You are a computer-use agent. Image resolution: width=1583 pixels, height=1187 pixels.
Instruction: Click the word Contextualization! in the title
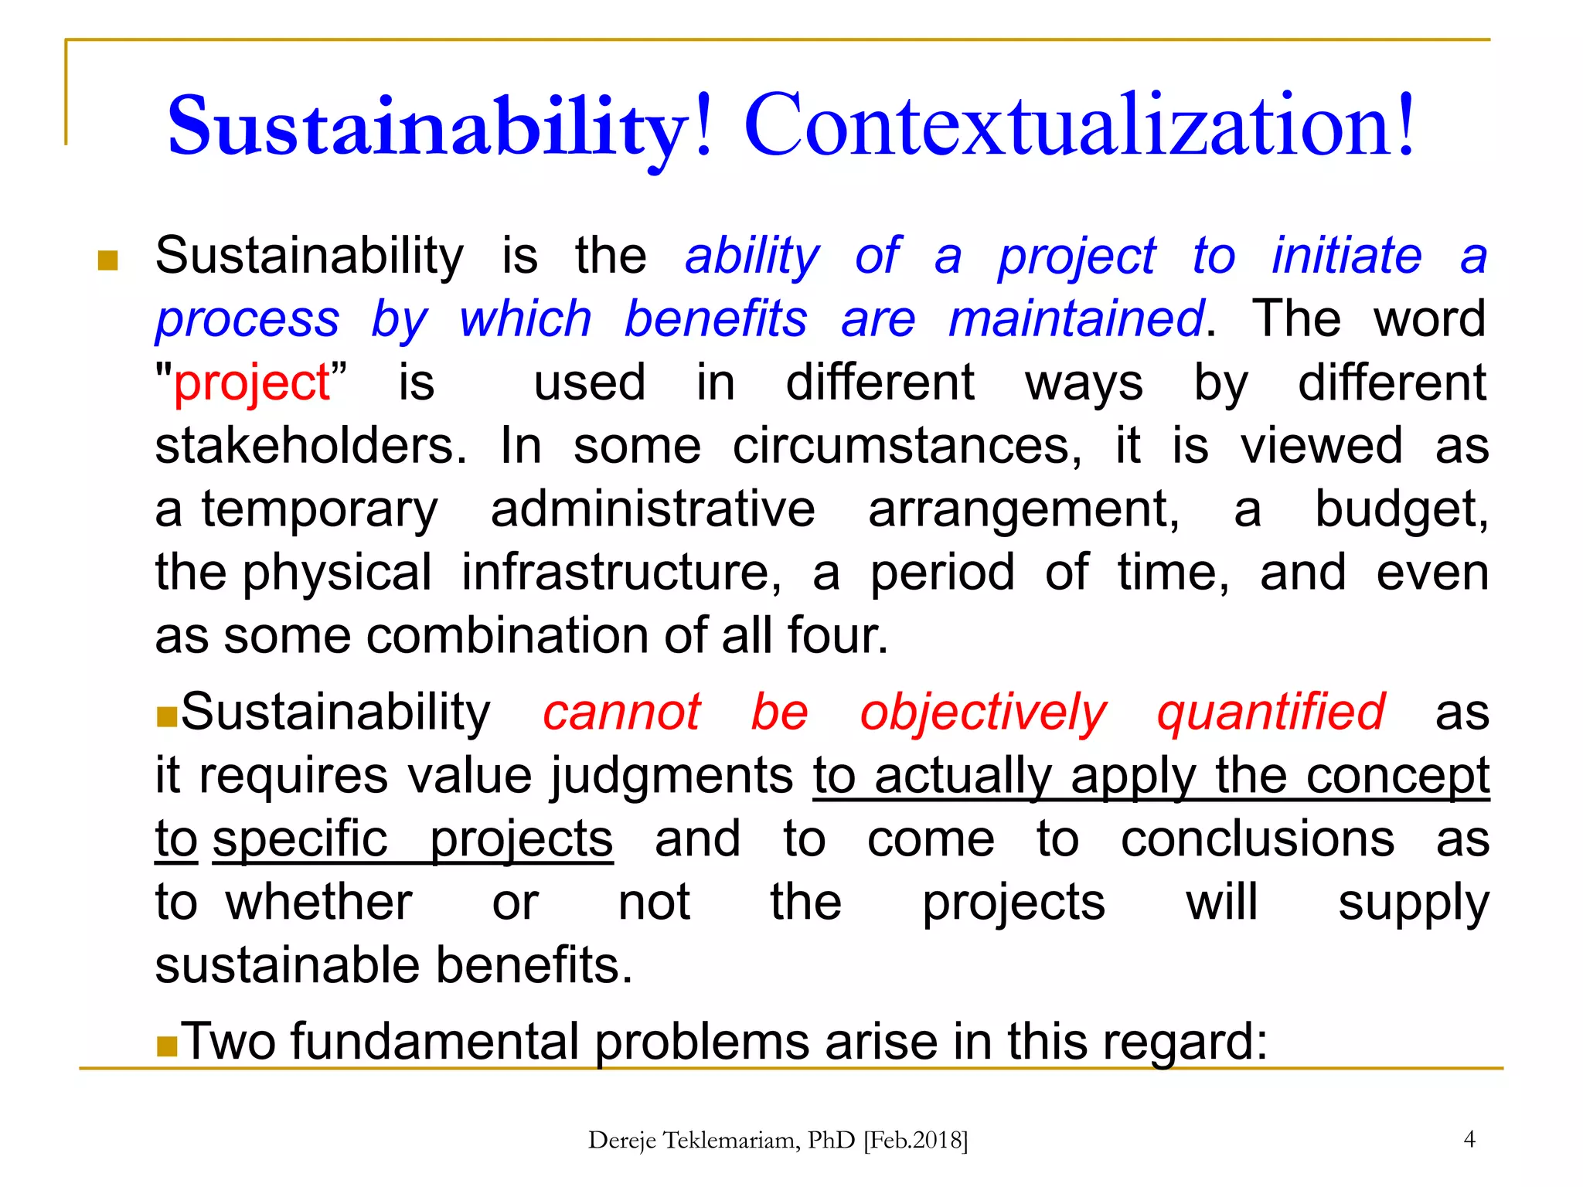(1078, 125)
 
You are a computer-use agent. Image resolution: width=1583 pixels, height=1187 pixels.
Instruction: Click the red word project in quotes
(252, 383)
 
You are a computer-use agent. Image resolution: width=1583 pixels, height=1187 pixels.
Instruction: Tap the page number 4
(1469, 1139)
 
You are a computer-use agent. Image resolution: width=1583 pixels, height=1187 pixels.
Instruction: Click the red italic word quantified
(1271, 713)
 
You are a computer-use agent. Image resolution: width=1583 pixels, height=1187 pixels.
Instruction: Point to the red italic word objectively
(982, 713)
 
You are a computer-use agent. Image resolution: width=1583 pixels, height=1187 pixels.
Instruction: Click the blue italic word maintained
(1075, 319)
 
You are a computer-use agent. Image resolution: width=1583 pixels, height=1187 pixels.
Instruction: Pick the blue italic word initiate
(1346, 256)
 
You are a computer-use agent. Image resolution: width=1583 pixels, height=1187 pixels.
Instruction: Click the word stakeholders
(309, 447)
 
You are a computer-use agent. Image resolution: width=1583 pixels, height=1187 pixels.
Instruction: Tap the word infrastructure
(621, 573)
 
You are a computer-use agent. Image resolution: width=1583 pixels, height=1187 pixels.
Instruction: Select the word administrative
(652, 510)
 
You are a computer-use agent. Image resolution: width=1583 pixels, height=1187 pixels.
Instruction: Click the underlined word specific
(300, 839)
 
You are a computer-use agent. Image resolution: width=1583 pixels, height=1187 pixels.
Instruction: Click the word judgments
(671, 776)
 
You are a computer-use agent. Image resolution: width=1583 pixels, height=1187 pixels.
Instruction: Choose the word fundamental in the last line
(434, 1042)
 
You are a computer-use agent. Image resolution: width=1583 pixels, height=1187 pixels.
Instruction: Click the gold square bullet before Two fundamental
(167, 1047)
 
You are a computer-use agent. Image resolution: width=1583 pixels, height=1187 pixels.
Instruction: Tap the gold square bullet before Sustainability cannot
(167, 718)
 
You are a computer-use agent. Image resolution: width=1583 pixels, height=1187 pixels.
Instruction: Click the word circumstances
(907, 447)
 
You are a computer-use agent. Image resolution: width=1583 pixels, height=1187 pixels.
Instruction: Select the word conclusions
(1258, 839)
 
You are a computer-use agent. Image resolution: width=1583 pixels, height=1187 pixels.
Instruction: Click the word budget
(1401, 510)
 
